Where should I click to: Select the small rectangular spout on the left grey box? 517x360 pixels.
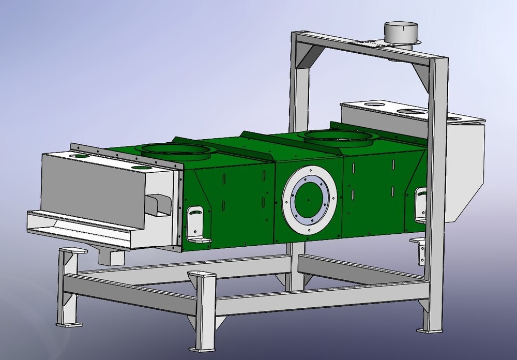pyautogui.click(x=157, y=204)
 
